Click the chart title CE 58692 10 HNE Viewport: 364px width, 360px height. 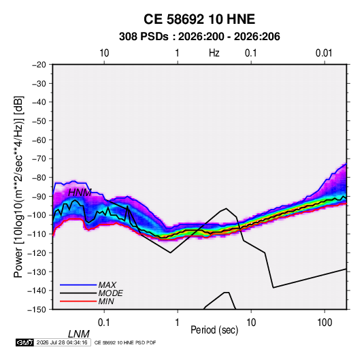(199, 19)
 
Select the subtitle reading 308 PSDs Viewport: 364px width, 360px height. (144, 37)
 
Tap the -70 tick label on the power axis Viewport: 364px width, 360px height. (39, 159)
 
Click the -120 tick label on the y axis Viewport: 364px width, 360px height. (37, 252)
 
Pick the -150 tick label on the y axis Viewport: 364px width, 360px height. (37, 310)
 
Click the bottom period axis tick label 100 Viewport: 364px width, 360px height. (325, 323)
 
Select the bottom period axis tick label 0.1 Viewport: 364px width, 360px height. (104, 323)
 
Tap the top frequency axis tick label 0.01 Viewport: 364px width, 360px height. (324, 53)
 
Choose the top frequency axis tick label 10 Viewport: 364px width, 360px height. (104, 53)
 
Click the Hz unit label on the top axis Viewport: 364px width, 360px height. (214, 53)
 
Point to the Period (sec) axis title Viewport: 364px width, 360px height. (214, 330)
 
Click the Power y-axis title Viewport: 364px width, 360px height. (18, 186)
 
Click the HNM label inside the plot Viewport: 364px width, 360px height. (80, 193)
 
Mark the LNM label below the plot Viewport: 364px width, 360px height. (79, 334)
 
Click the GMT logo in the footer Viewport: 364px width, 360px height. (25, 342)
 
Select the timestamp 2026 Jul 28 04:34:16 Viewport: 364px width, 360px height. (62, 342)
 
